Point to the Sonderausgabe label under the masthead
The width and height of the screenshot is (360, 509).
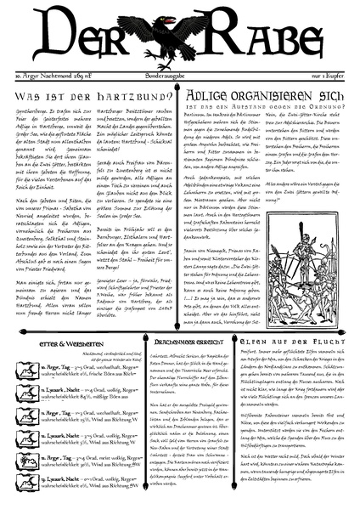(x=180, y=77)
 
